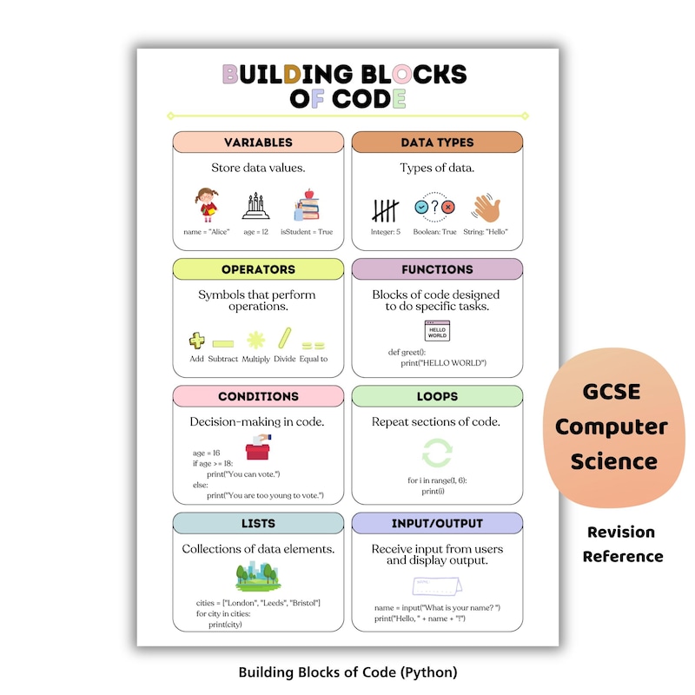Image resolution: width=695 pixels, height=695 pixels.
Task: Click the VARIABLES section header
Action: coord(258,142)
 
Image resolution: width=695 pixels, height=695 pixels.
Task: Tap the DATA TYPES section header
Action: coord(437,142)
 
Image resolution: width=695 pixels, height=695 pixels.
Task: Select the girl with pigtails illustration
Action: coord(207,205)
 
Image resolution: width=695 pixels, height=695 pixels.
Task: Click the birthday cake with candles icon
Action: coord(255,206)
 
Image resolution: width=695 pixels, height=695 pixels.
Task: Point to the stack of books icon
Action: coord(307,205)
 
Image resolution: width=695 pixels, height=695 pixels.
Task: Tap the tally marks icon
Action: coord(385,210)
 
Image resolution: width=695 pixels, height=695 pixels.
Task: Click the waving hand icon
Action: coord(486,208)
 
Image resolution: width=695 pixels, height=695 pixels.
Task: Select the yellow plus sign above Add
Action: coord(197,341)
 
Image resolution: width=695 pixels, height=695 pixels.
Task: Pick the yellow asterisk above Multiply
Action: coord(255,340)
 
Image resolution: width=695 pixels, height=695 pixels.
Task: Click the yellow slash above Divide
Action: coord(285,338)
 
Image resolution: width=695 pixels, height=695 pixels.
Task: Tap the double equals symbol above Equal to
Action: coord(314,345)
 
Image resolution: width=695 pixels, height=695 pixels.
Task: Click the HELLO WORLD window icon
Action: coord(437,331)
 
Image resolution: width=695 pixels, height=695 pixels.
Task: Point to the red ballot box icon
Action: coord(258,447)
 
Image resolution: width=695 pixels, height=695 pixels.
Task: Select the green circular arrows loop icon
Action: coord(437,453)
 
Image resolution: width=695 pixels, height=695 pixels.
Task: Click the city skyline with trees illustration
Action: coord(258,576)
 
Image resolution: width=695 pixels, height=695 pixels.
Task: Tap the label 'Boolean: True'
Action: coord(434,232)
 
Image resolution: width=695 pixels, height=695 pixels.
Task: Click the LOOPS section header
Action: coord(437,396)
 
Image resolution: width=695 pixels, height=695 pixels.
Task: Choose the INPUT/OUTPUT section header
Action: coord(437,524)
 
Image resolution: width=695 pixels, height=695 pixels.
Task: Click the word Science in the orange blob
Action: coord(614,462)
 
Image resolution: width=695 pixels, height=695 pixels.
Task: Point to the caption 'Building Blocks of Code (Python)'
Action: coord(348,672)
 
